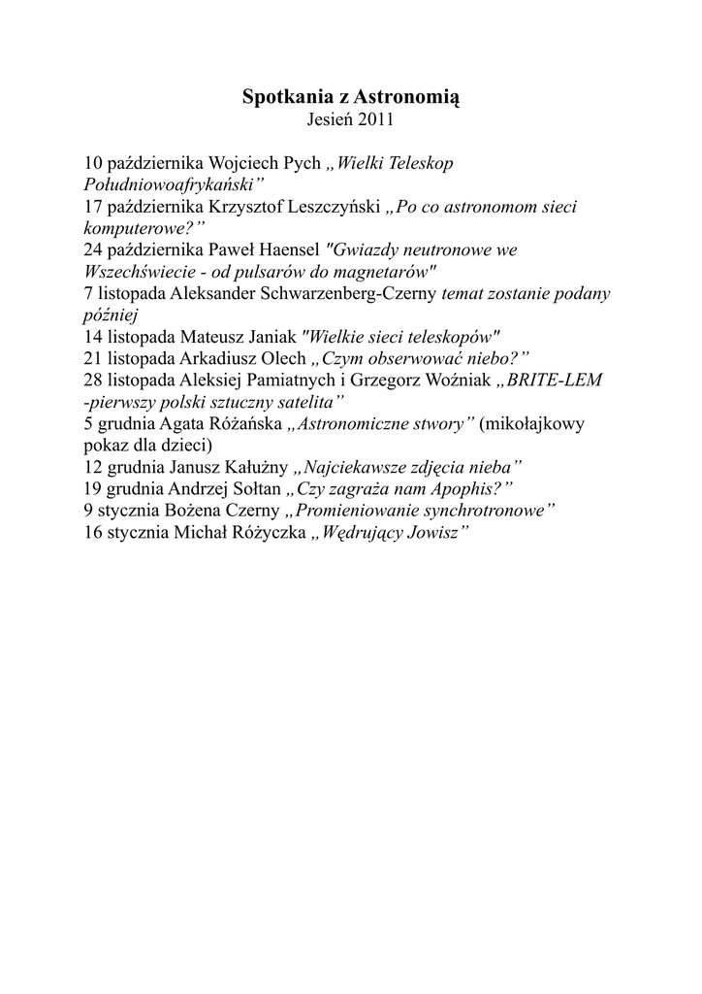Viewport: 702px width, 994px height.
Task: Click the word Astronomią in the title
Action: [x=406, y=97]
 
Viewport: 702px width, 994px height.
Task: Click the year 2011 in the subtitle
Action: [x=375, y=121]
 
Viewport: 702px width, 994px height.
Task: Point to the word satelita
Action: [x=308, y=402]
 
